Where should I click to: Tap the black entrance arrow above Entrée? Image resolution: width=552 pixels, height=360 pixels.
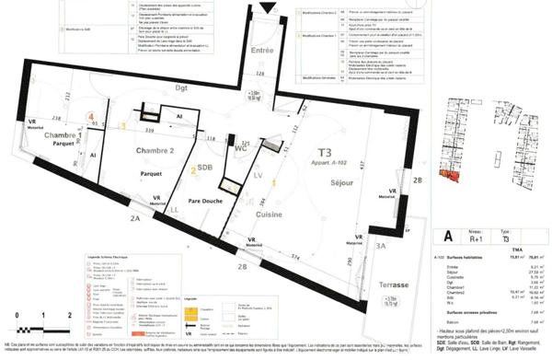coord(267,8)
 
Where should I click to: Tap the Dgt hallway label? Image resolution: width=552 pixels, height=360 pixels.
coord(179,87)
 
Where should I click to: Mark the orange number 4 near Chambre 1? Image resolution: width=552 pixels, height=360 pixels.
coord(91,117)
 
